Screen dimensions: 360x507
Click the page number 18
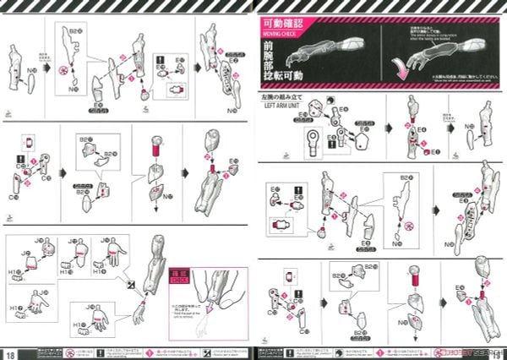tap(8, 352)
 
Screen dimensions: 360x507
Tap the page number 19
tap(499, 352)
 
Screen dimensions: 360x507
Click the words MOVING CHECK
tap(285, 35)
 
